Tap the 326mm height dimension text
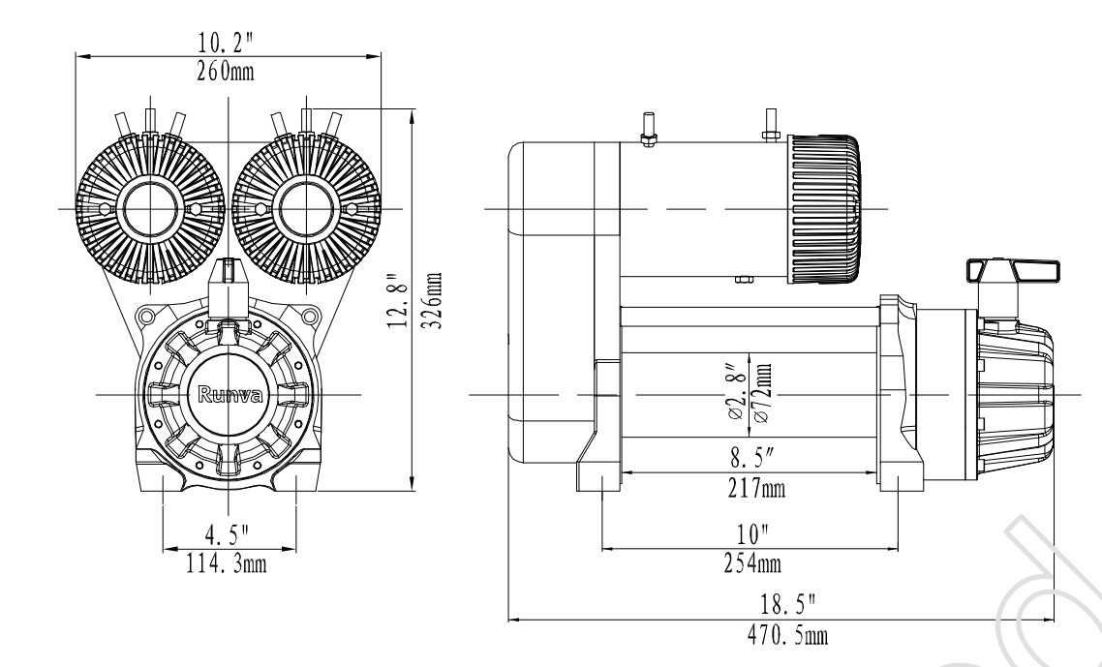(x=438, y=301)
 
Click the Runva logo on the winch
(x=228, y=394)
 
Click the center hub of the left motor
(x=148, y=208)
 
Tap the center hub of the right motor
(x=305, y=208)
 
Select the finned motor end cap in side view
(x=823, y=208)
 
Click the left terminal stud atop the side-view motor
(x=649, y=131)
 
